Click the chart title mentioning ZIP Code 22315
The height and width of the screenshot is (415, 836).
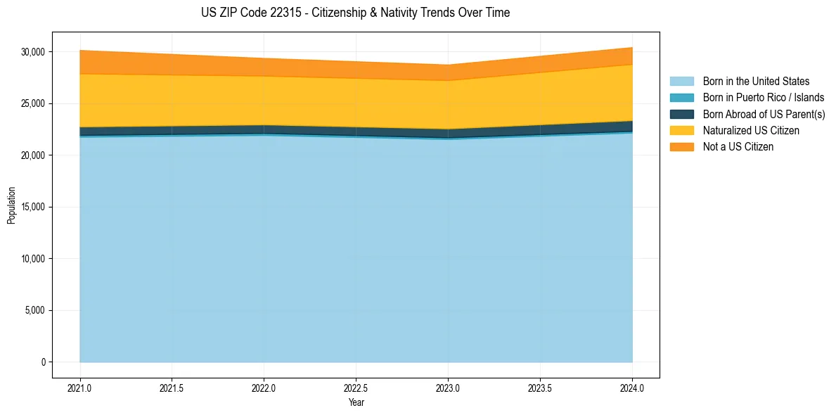point(355,13)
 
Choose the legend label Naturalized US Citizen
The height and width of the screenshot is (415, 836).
point(751,131)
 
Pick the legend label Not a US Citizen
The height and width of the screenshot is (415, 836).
point(738,147)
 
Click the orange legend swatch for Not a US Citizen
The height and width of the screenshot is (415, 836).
point(681,147)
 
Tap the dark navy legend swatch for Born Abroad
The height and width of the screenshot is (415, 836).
point(681,114)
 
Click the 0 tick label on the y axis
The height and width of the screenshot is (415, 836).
point(43,362)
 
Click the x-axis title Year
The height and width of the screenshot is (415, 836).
point(356,402)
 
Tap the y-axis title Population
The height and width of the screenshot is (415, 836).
point(11,205)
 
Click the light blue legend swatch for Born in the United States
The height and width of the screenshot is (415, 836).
point(681,82)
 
